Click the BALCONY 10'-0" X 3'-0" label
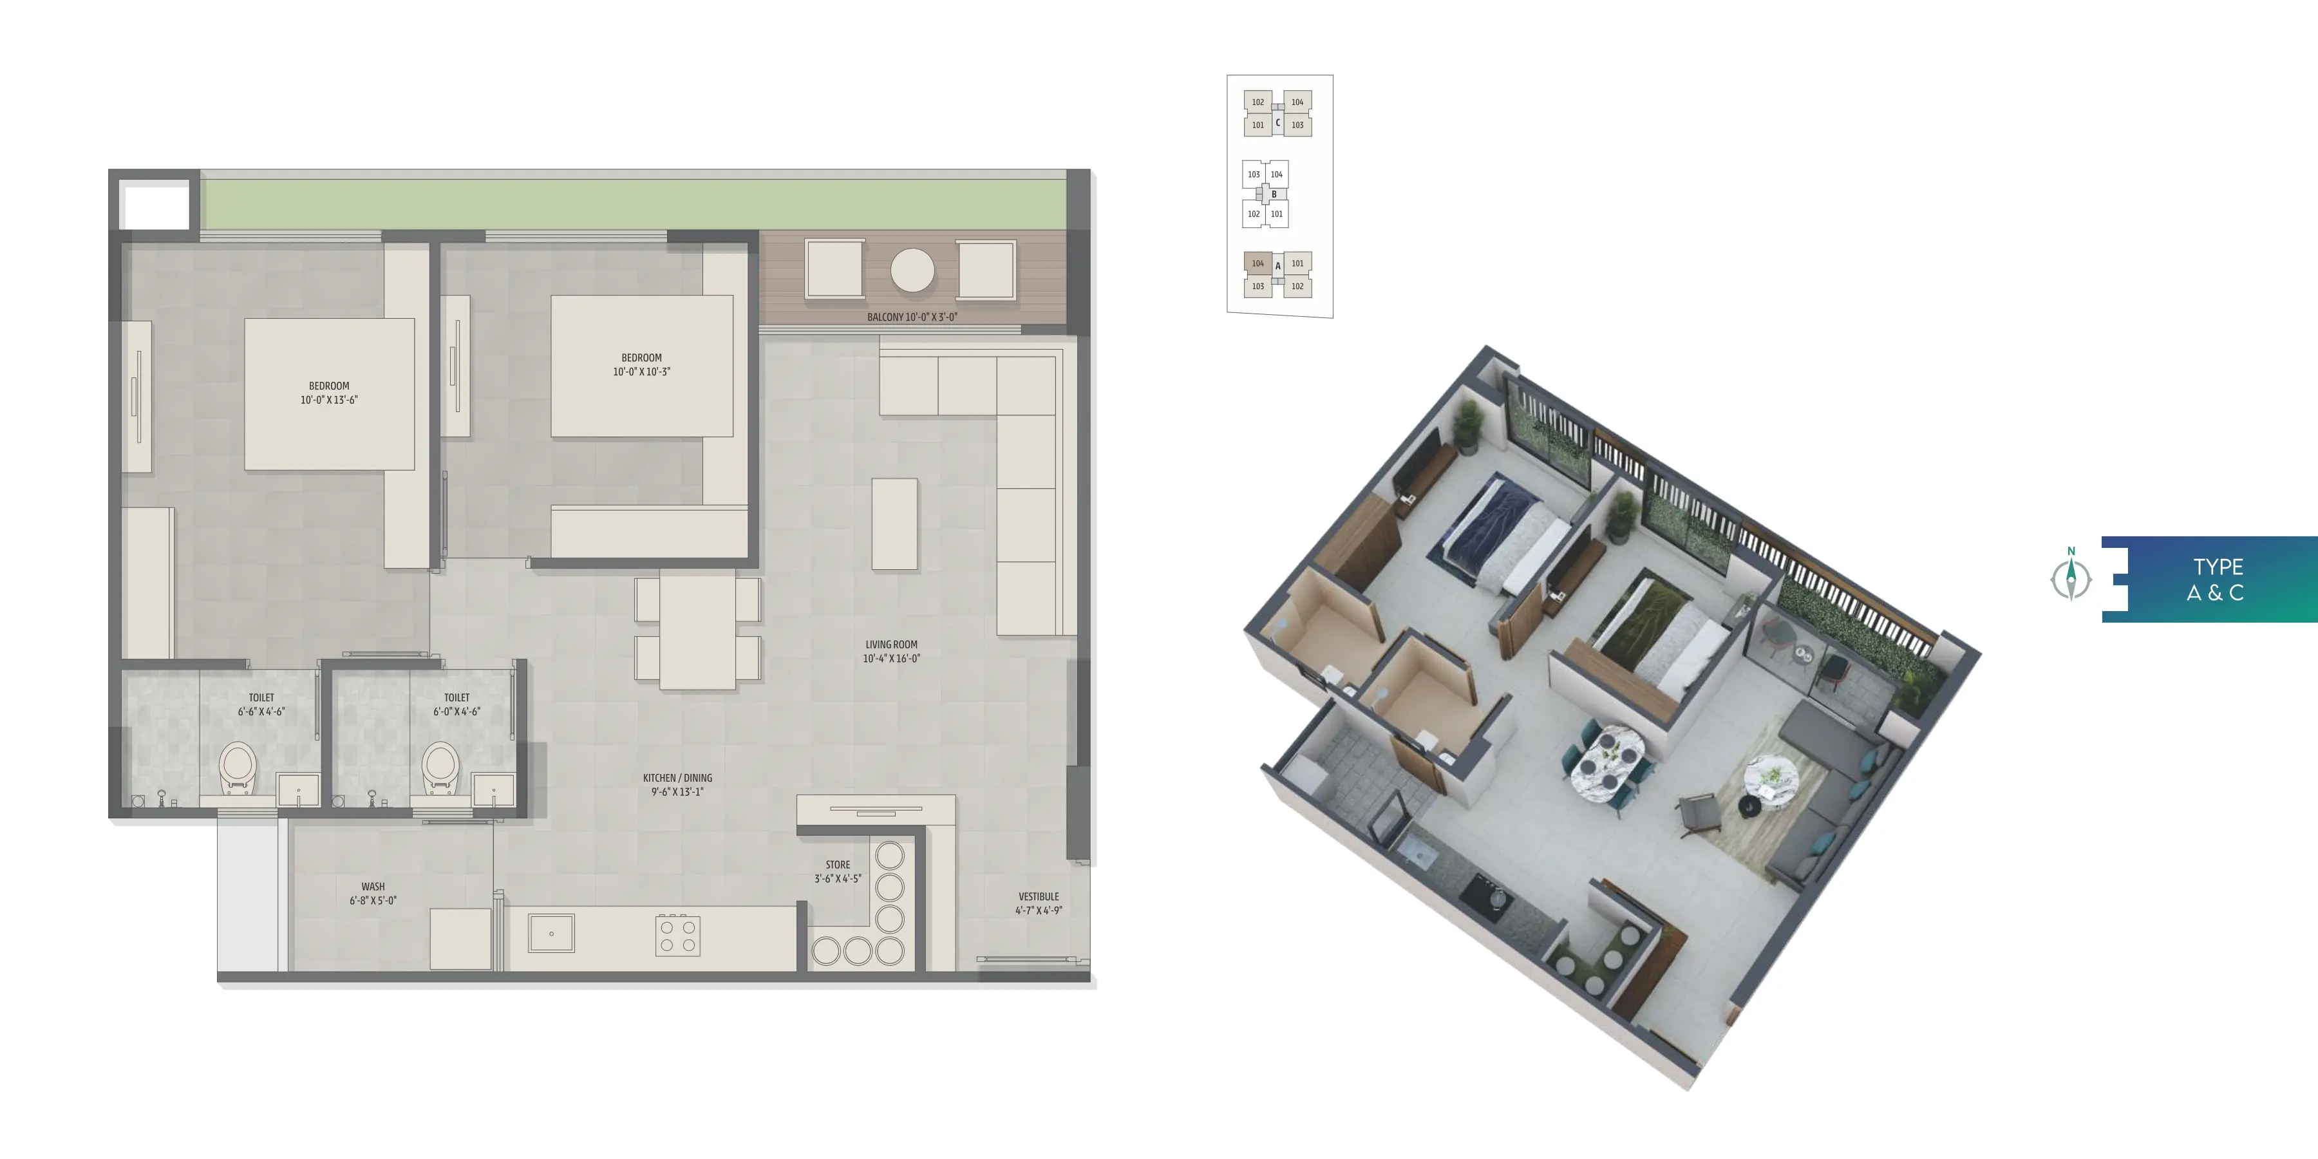[x=912, y=317]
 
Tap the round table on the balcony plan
[x=912, y=270]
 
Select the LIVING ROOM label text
[x=891, y=645]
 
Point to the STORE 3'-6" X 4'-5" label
[x=838, y=871]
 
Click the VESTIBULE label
[x=1039, y=896]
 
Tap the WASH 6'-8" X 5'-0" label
[x=373, y=892]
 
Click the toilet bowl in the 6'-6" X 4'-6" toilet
[x=238, y=768]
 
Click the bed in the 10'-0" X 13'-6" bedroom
[x=329, y=393]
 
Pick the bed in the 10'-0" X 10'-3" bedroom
[x=641, y=366]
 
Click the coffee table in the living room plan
[x=894, y=523]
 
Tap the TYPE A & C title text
[x=2217, y=579]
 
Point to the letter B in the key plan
[x=1274, y=194]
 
